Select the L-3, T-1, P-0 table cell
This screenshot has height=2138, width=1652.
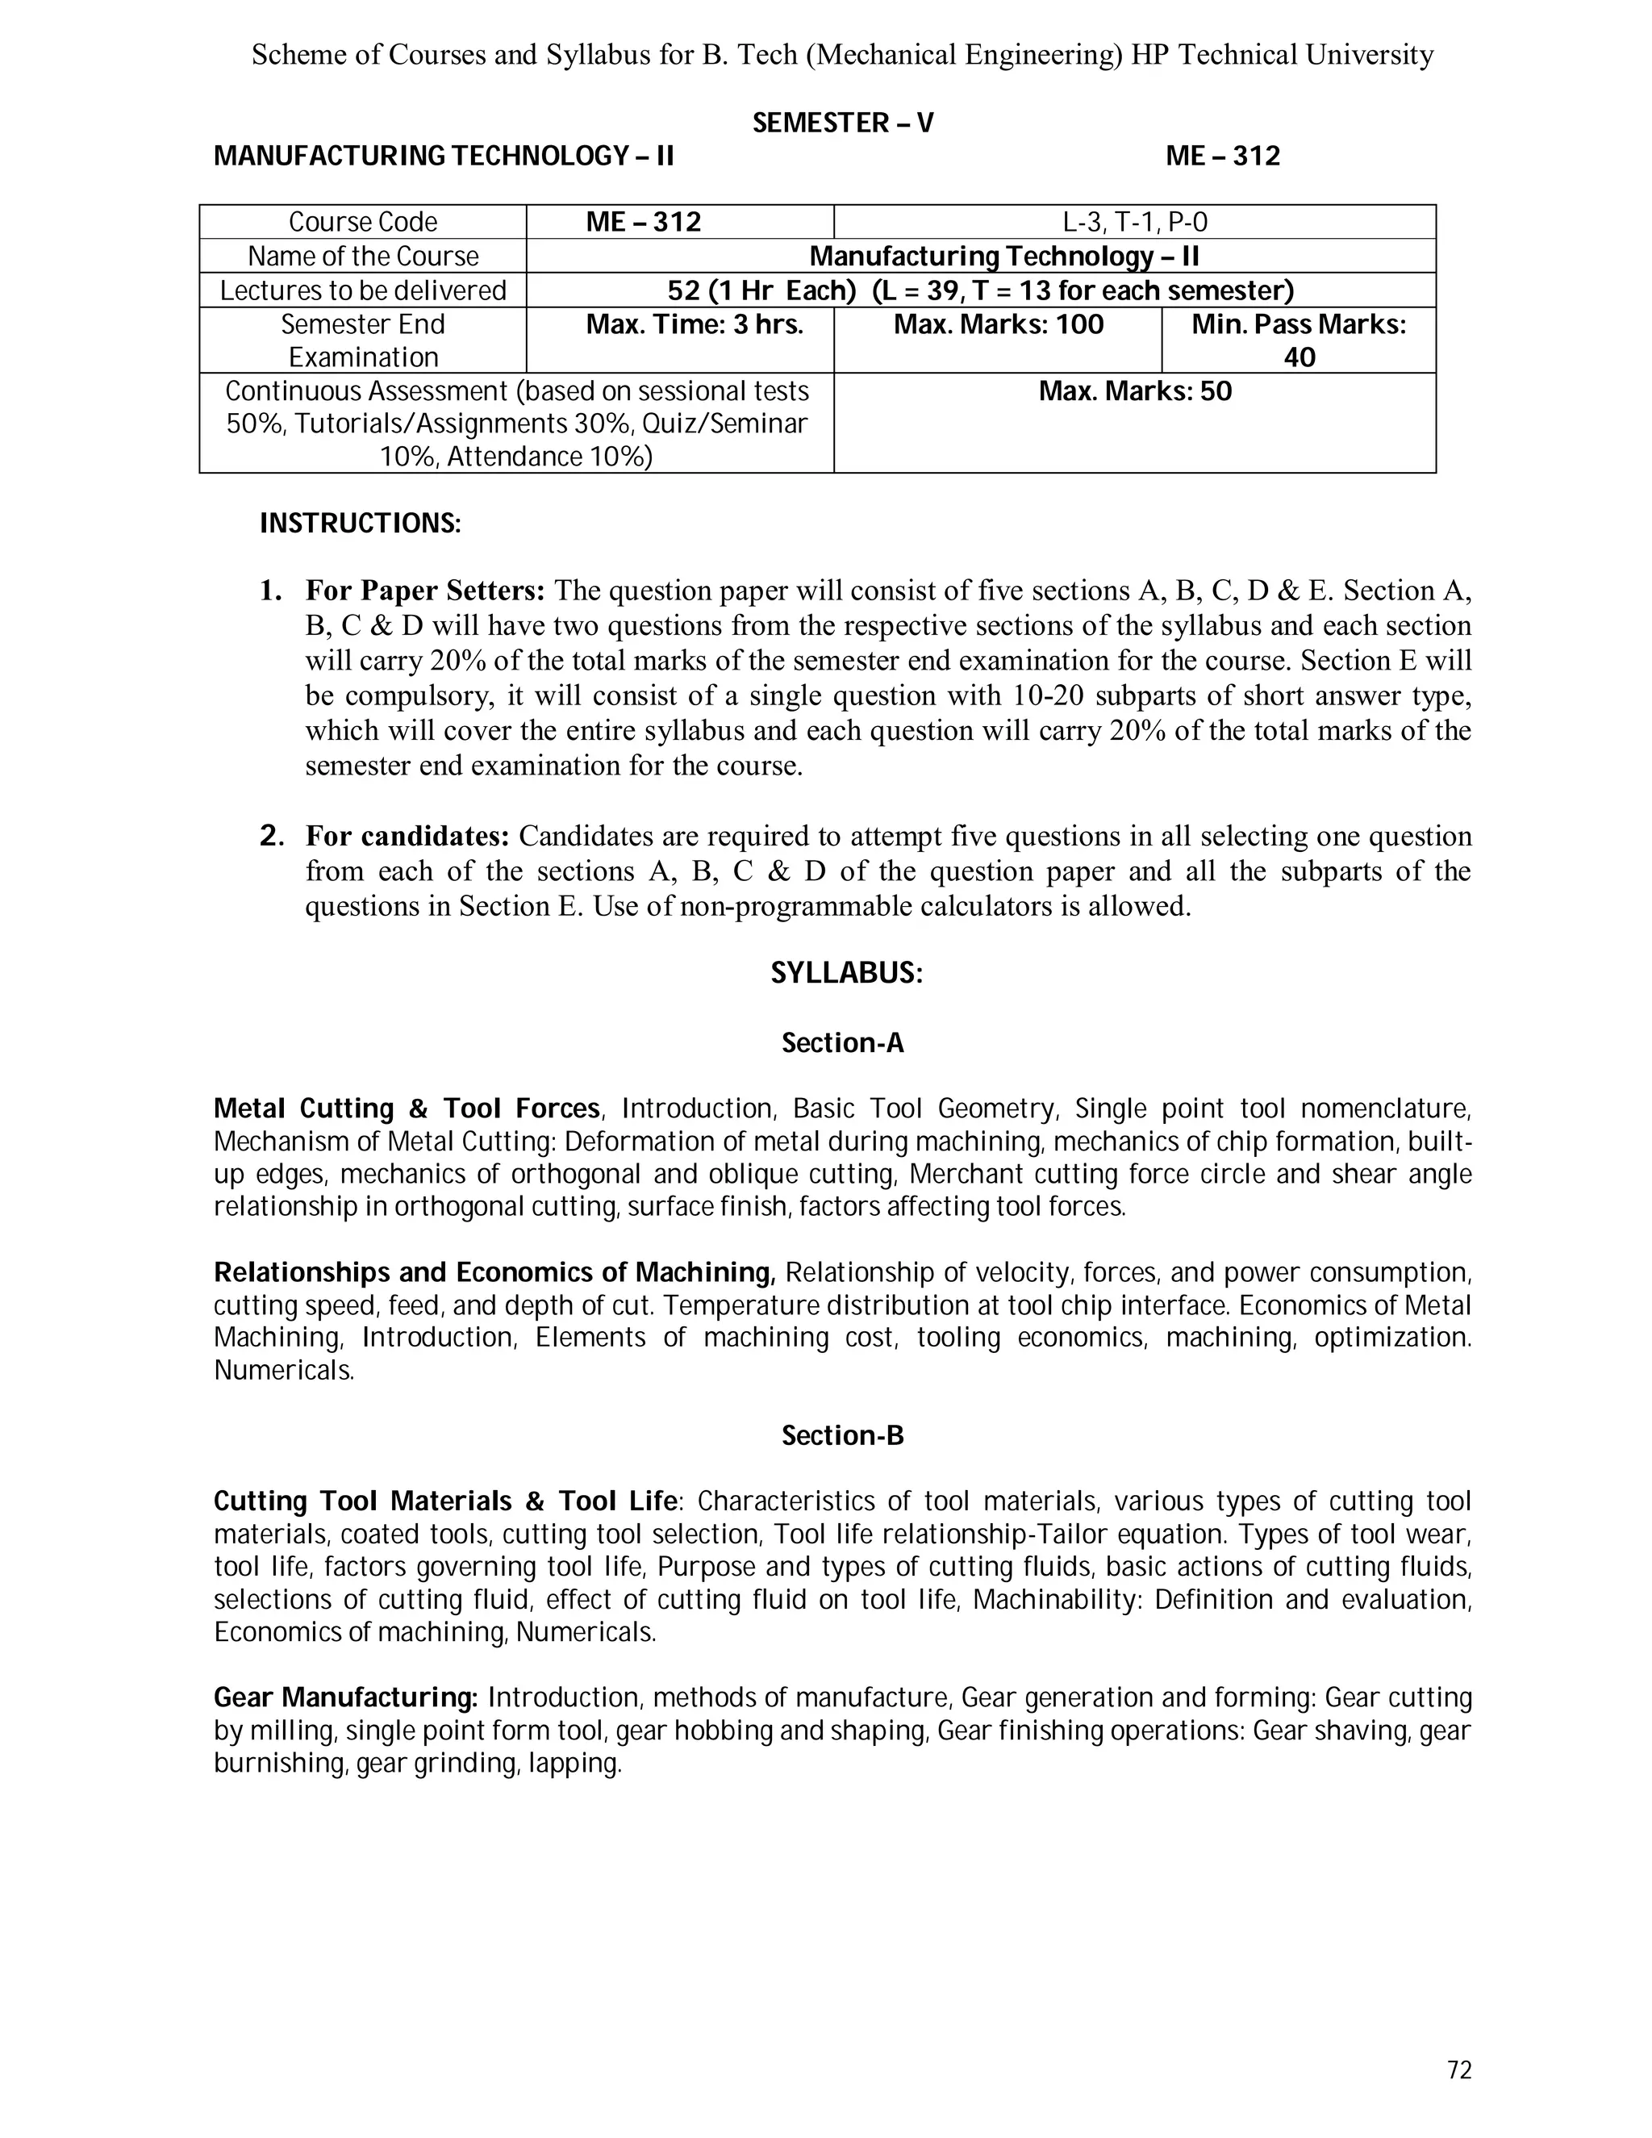(x=1134, y=222)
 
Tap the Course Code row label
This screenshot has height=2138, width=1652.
(x=362, y=222)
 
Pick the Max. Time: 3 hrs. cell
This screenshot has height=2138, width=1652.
(x=694, y=325)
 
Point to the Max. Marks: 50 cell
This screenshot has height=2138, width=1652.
(x=1134, y=391)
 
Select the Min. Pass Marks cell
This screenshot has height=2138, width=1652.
(x=1298, y=340)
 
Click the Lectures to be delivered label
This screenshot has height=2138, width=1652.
(x=362, y=290)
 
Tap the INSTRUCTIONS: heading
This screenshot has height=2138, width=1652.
(x=360, y=524)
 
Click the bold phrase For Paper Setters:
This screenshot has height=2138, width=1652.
(x=425, y=591)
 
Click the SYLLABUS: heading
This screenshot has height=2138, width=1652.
(x=846, y=973)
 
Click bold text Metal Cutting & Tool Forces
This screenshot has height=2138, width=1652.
(x=407, y=1109)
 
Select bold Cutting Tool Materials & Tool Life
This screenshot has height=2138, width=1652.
(x=445, y=1501)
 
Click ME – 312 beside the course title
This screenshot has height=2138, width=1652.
(x=1222, y=157)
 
